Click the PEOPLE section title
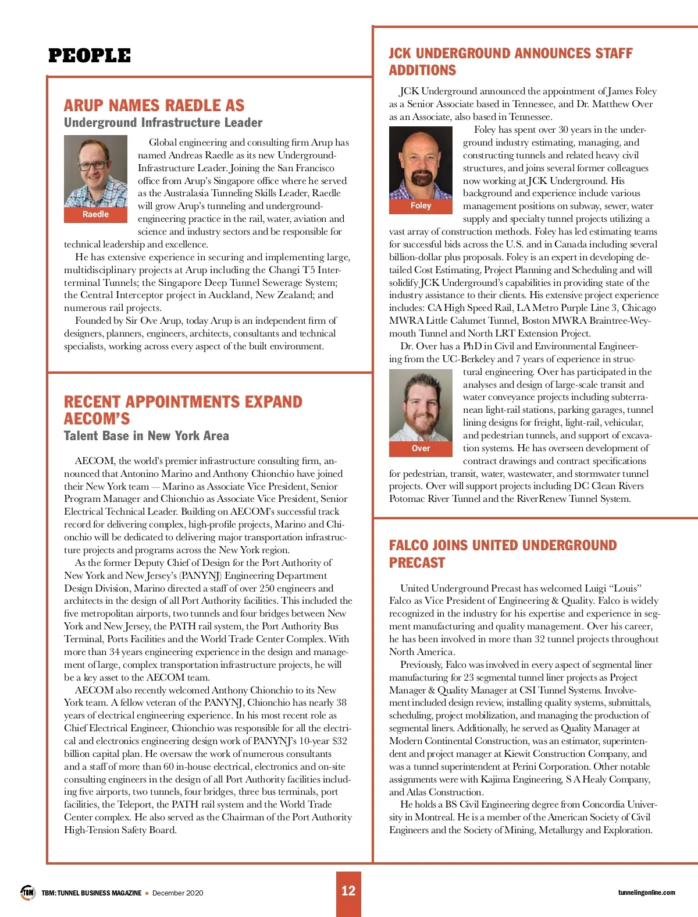tap(90, 56)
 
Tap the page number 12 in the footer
tap(348, 890)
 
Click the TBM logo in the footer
tap(28, 892)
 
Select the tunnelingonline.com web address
tap(646, 893)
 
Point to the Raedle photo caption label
tap(95, 214)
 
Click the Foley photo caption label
tap(421, 206)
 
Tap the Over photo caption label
tap(421, 448)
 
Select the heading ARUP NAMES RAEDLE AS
tap(154, 105)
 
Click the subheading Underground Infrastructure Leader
tap(163, 123)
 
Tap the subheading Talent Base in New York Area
tap(146, 436)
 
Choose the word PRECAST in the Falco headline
tap(416, 563)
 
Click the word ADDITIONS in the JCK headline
tap(422, 70)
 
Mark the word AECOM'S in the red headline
tap(97, 419)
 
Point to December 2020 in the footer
tap(177, 893)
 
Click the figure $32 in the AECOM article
tap(339, 741)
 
